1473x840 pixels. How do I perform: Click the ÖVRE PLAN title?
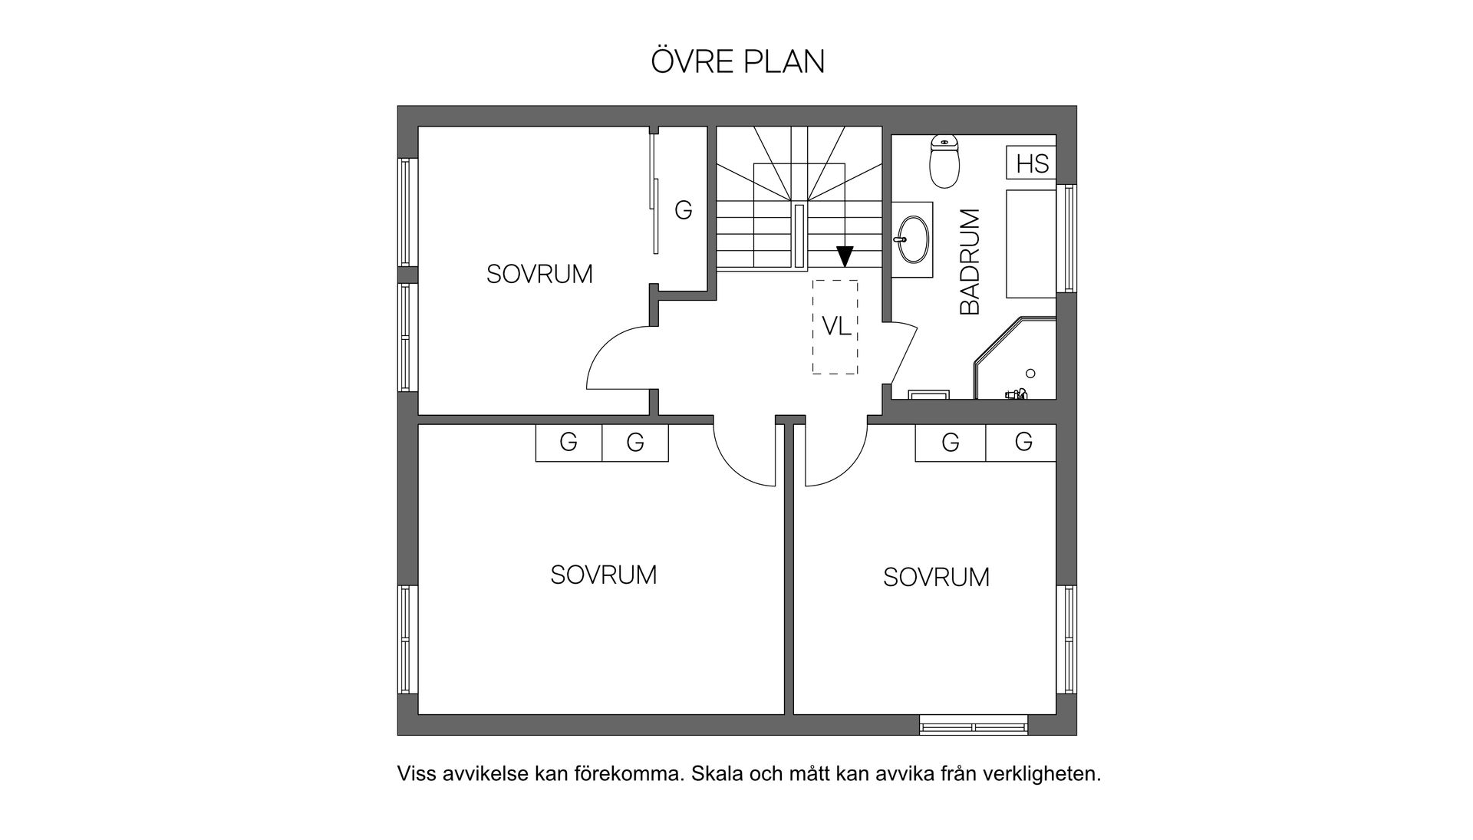(x=737, y=62)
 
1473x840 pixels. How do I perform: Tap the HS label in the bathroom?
(x=1032, y=164)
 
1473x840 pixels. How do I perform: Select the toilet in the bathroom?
(x=944, y=162)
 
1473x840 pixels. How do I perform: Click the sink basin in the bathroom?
(x=912, y=239)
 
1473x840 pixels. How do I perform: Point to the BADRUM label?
(x=970, y=262)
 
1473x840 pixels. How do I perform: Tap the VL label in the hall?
(x=835, y=327)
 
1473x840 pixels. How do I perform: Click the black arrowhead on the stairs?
(x=845, y=256)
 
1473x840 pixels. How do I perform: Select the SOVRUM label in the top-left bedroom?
(x=539, y=274)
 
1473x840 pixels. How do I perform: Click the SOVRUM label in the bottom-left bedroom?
(x=603, y=575)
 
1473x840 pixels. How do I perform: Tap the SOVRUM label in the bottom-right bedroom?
(x=936, y=577)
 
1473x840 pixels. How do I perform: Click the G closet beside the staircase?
(x=683, y=210)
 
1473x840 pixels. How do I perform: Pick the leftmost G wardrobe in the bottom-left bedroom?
(x=568, y=443)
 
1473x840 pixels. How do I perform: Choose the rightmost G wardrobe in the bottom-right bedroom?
(x=1023, y=442)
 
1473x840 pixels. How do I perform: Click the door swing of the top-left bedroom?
(x=618, y=358)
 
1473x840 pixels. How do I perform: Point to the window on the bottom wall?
(x=974, y=725)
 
